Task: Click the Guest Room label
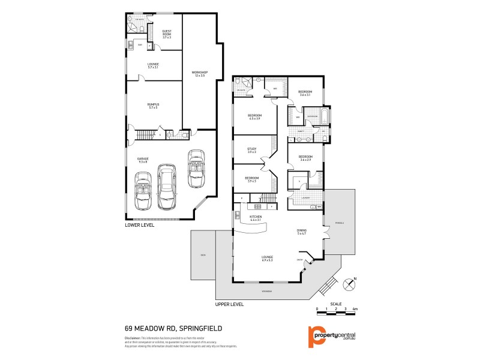click(167, 34)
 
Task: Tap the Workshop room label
click(199, 74)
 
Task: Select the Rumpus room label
click(153, 106)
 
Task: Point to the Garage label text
click(143, 160)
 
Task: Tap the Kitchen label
click(256, 219)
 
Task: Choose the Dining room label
click(302, 232)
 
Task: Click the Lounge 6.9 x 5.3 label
click(268, 259)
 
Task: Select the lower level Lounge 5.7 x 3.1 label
click(153, 65)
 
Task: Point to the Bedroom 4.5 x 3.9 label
click(255, 117)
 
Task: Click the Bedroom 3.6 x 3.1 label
click(305, 94)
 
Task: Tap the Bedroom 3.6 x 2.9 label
click(305, 159)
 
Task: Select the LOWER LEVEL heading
click(140, 226)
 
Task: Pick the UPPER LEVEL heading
click(229, 304)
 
